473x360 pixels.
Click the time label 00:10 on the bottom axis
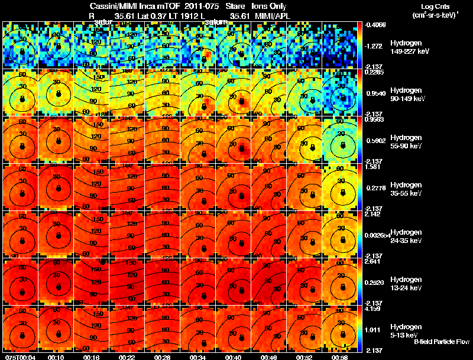(x=56, y=357)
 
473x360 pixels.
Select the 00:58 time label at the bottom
(x=340, y=357)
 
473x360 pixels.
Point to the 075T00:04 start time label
(x=20, y=357)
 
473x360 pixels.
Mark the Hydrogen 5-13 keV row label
(x=406, y=330)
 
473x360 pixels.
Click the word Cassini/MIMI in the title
(x=114, y=6)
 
